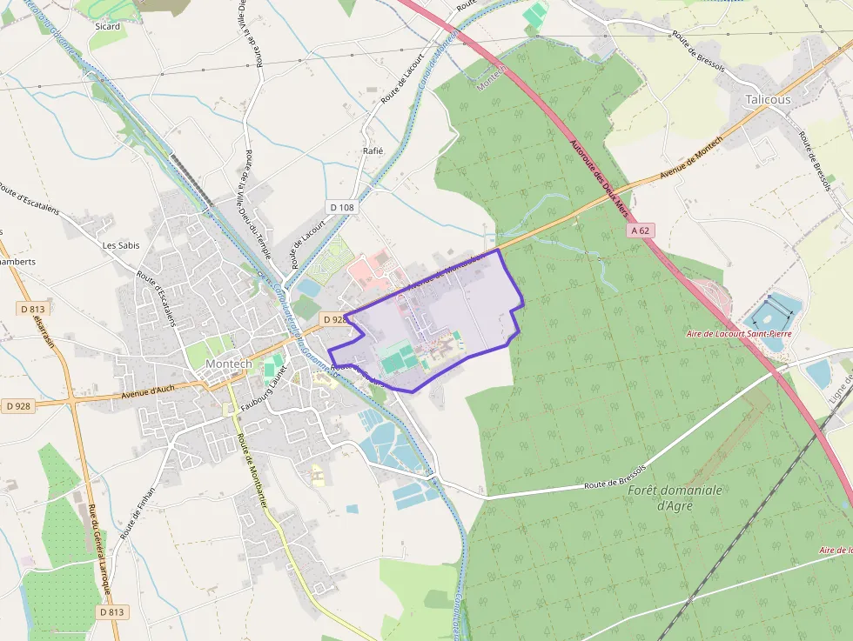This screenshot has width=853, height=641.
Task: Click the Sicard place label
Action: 107,26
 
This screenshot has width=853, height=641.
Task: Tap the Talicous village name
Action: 768,99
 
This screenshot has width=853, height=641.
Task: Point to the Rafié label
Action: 373,150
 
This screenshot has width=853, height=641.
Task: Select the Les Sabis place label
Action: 121,245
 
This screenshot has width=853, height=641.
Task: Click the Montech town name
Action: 228,364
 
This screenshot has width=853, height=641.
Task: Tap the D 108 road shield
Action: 343,207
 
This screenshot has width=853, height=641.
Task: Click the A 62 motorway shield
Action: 641,230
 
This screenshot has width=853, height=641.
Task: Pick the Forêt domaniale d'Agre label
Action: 675,497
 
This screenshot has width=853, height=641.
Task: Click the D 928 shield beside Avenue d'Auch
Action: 18,406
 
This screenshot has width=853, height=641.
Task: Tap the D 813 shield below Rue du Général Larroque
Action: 112,612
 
